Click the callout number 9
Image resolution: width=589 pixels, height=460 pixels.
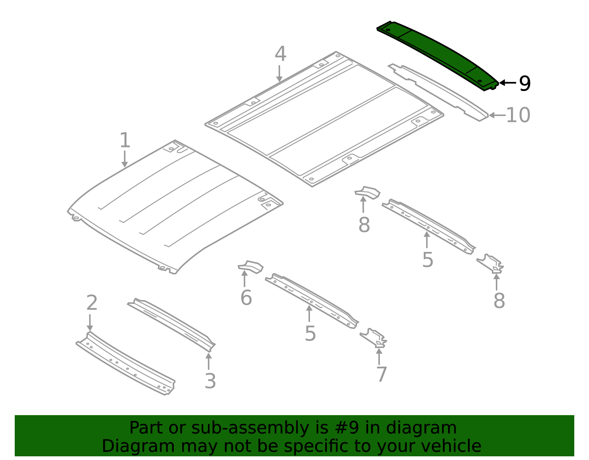tap(524, 84)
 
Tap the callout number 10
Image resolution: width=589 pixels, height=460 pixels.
tap(518, 115)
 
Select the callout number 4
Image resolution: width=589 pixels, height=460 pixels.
tap(280, 53)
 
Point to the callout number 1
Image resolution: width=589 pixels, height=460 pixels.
tap(125, 140)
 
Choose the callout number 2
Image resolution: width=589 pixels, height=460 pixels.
tap(92, 303)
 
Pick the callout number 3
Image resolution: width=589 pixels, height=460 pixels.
tap(210, 381)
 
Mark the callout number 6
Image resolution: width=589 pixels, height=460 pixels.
tap(246, 298)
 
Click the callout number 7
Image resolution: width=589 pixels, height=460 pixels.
tap(382, 374)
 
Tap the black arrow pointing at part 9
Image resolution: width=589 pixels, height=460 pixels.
tap(507, 82)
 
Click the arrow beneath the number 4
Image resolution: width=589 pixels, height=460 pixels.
tap(279, 73)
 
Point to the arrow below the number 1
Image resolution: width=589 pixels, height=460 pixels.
tap(124, 159)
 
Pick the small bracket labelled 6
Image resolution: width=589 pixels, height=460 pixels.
tap(250, 267)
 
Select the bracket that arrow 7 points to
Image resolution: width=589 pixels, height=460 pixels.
tap(374, 338)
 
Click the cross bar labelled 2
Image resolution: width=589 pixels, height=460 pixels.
tap(126, 363)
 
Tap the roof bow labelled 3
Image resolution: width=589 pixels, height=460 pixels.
tap(172, 325)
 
